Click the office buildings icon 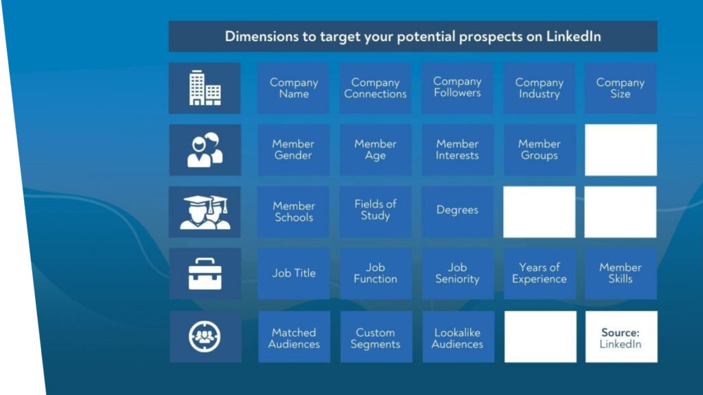(205, 88)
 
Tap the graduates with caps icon (205, 213)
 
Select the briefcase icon (205, 274)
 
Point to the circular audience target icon (205, 336)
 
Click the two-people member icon (205, 150)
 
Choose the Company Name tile (294, 88)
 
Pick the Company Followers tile (457, 88)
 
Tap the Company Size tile (621, 88)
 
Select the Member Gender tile (294, 150)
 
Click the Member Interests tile (457, 150)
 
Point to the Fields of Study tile (376, 212)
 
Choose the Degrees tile (457, 212)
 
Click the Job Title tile (294, 274)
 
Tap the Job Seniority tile (458, 274)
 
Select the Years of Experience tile (540, 274)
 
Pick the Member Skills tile (621, 274)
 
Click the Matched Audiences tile (294, 337)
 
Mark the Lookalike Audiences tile (458, 337)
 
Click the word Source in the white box (620, 333)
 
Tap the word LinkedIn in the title (573, 36)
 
